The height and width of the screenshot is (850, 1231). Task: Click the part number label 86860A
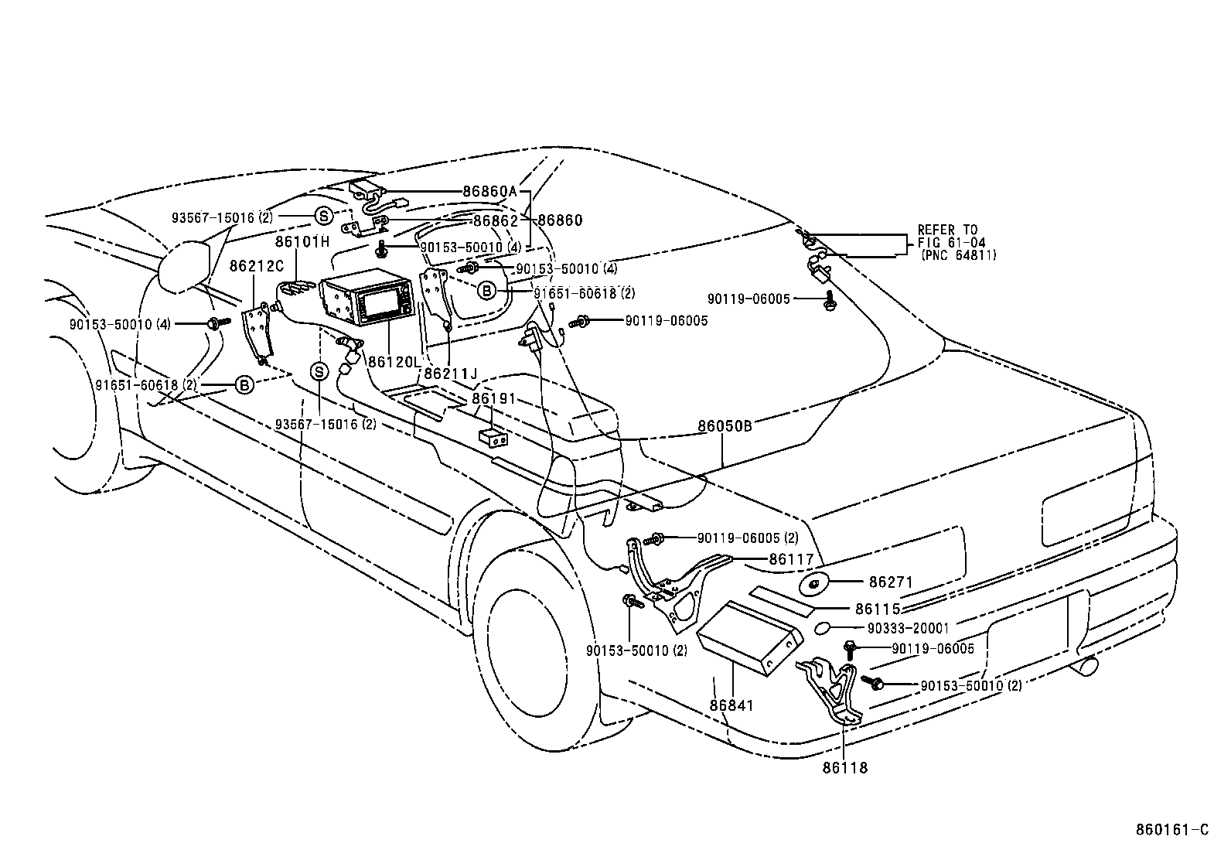click(x=489, y=191)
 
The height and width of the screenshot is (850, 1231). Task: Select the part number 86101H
click(x=302, y=241)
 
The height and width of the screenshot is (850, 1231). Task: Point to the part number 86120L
click(x=395, y=361)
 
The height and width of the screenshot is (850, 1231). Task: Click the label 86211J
click(x=451, y=374)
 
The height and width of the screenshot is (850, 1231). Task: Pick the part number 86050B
click(x=725, y=425)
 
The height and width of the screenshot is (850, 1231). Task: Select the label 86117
click(x=791, y=558)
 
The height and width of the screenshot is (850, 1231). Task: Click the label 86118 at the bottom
click(x=844, y=768)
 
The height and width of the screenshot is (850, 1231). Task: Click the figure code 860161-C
click(x=1171, y=830)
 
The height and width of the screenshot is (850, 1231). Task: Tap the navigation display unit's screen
click(x=384, y=304)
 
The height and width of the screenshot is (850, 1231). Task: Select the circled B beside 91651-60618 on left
click(x=244, y=385)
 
